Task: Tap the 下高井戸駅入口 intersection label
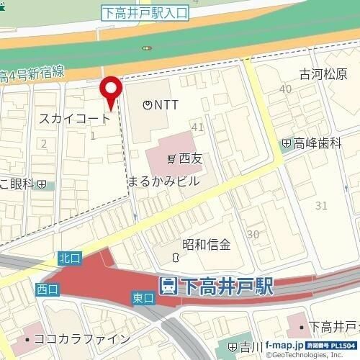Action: point(144,12)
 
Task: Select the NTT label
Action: point(161,105)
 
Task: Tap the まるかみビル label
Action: point(163,181)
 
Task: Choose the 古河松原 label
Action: point(323,75)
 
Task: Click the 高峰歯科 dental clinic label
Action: point(316,144)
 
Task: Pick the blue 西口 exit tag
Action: point(46,289)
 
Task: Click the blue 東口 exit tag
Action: point(143,297)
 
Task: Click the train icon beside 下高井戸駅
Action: point(167,286)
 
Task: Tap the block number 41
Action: point(198,127)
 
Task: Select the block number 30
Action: point(253,235)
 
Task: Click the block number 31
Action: point(321,206)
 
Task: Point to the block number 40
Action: point(286,89)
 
